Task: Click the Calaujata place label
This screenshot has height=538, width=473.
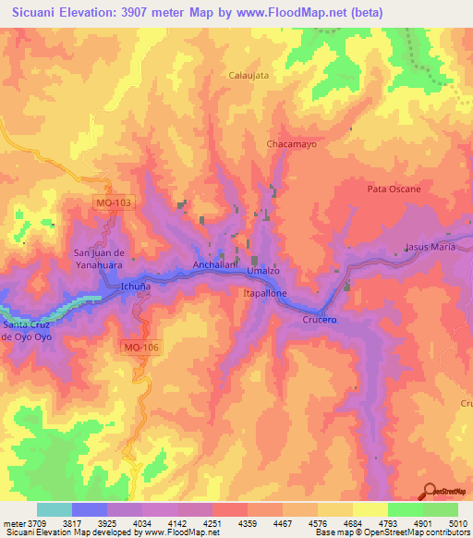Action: point(249,76)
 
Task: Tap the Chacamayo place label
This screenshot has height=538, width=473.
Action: point(292,145)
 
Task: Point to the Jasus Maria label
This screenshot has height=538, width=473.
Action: point(431,248)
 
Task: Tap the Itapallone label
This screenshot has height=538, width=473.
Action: point(264,293)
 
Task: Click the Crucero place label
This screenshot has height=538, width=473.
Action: point(319,319)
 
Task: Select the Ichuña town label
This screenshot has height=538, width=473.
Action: point(136,287)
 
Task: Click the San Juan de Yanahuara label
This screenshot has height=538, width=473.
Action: point(98,258)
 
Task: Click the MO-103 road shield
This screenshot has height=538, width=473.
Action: point(113,201)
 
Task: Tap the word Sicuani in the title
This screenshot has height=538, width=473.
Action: point(38,13)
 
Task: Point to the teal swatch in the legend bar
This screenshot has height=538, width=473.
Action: point(54,509)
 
